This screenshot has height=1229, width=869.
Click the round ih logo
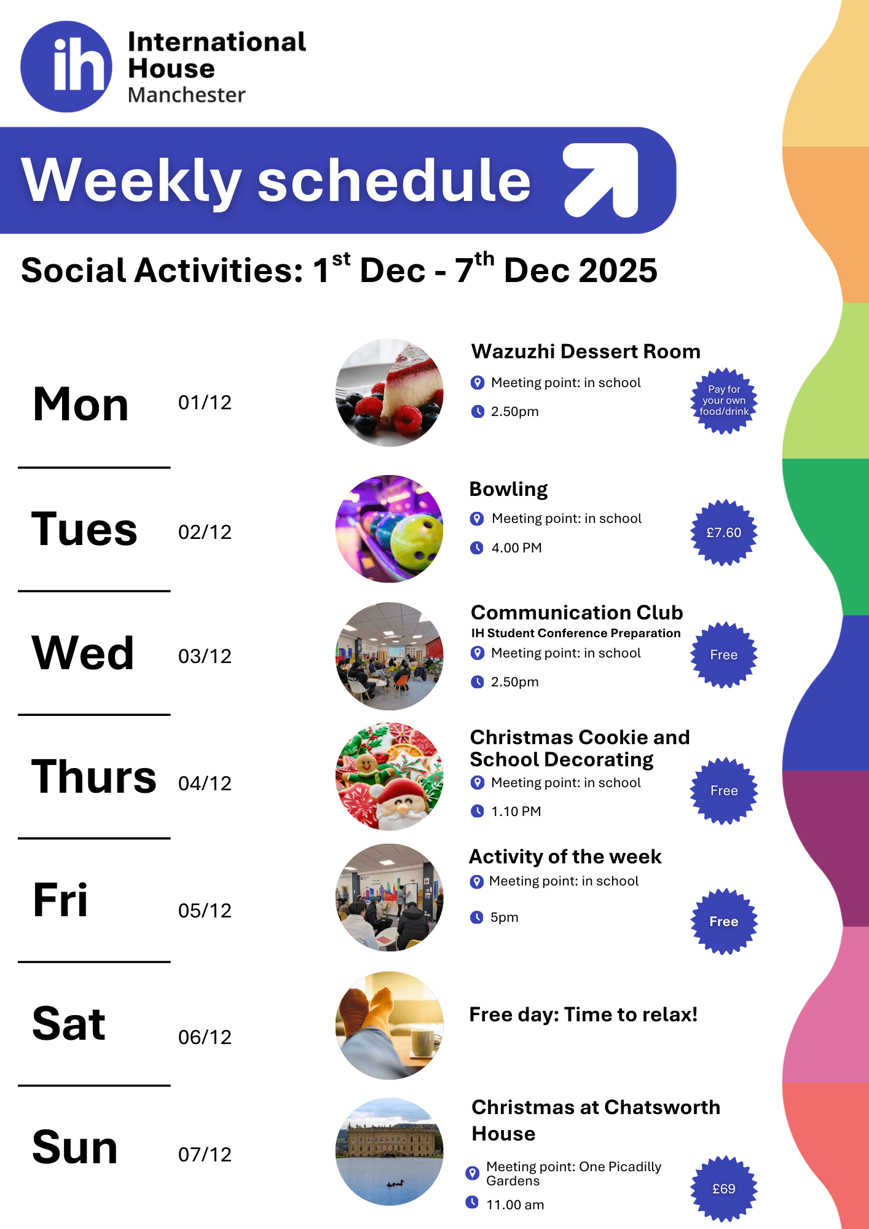pos(66,66)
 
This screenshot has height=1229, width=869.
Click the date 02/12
pos(205,532)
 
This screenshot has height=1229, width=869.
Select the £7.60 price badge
pos(724,532)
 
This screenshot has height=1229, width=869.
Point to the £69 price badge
pos(724,1189)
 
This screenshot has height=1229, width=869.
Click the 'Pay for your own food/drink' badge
pos(724,401)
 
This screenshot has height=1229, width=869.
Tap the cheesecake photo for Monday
pos(389,393)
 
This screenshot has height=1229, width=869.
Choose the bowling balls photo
pos(389,528)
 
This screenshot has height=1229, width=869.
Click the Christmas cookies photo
pos(389,777)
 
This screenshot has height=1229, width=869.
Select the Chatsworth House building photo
pos(389,1152)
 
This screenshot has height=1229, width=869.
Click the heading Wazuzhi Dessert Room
pos(586,351)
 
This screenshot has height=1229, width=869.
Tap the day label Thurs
pos(94,777)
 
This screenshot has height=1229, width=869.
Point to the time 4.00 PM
pos(516,548)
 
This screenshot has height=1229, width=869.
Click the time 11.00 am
pos(515,1204)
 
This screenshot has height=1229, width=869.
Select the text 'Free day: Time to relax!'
pos(583,1015)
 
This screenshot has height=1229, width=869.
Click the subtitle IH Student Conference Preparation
pos(576,633)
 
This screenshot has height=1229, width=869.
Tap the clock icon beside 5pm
pos(476,917)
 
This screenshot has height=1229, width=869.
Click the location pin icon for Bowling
pos(476,519)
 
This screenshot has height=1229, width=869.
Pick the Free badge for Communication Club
pos(724,655)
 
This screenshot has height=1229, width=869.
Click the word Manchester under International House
pos(186,95)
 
